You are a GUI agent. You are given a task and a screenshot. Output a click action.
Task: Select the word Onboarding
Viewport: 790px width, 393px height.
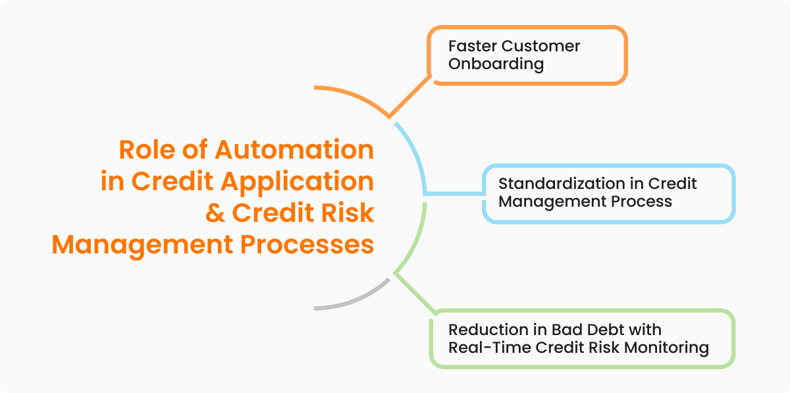pyautogui.click(x=496, y=65)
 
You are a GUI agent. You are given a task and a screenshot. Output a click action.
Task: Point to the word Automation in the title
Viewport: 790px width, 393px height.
pyautogui.click(x=295, y=150)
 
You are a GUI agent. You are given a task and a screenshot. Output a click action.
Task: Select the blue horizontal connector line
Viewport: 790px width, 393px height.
pyautogui.click(x=454, y=194)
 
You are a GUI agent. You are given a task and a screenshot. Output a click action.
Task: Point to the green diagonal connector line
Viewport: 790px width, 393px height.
pyautogui.click(x=415, y=292)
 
